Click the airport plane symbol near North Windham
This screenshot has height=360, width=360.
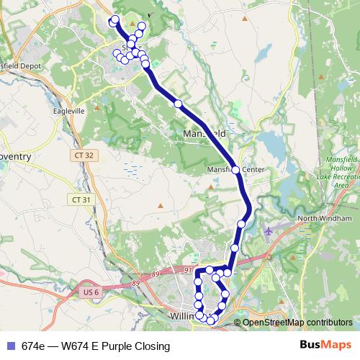[x=269, y=231]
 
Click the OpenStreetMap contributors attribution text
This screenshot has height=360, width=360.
[x=297, y=323]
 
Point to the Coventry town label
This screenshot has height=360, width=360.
[x=14, y=156]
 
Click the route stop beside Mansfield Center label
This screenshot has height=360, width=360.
[x=235, y=170]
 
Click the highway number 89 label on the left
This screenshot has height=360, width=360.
[x=155, y=274]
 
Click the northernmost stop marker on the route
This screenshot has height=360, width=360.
[x=114, y=19]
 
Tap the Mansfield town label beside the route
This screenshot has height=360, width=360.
[x=204, y=134]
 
